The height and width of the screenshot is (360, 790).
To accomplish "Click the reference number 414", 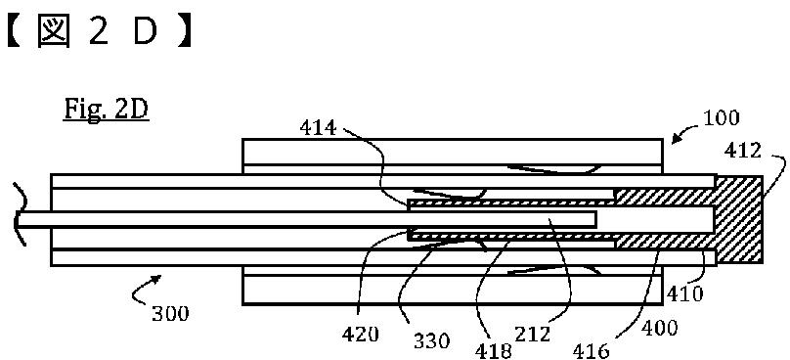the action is pos(318,128).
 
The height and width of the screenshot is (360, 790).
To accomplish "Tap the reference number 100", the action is pos(721,117).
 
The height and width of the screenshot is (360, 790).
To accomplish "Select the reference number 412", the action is pos(743,150).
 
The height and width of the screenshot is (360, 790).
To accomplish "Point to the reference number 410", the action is pos(684,293).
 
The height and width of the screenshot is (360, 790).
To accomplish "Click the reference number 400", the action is pos(660,329).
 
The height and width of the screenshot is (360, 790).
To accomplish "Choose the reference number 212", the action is pos(532,333).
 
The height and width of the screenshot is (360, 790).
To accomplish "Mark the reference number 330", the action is pos(431,341).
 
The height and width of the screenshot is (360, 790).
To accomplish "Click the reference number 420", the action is pos(361,333).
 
